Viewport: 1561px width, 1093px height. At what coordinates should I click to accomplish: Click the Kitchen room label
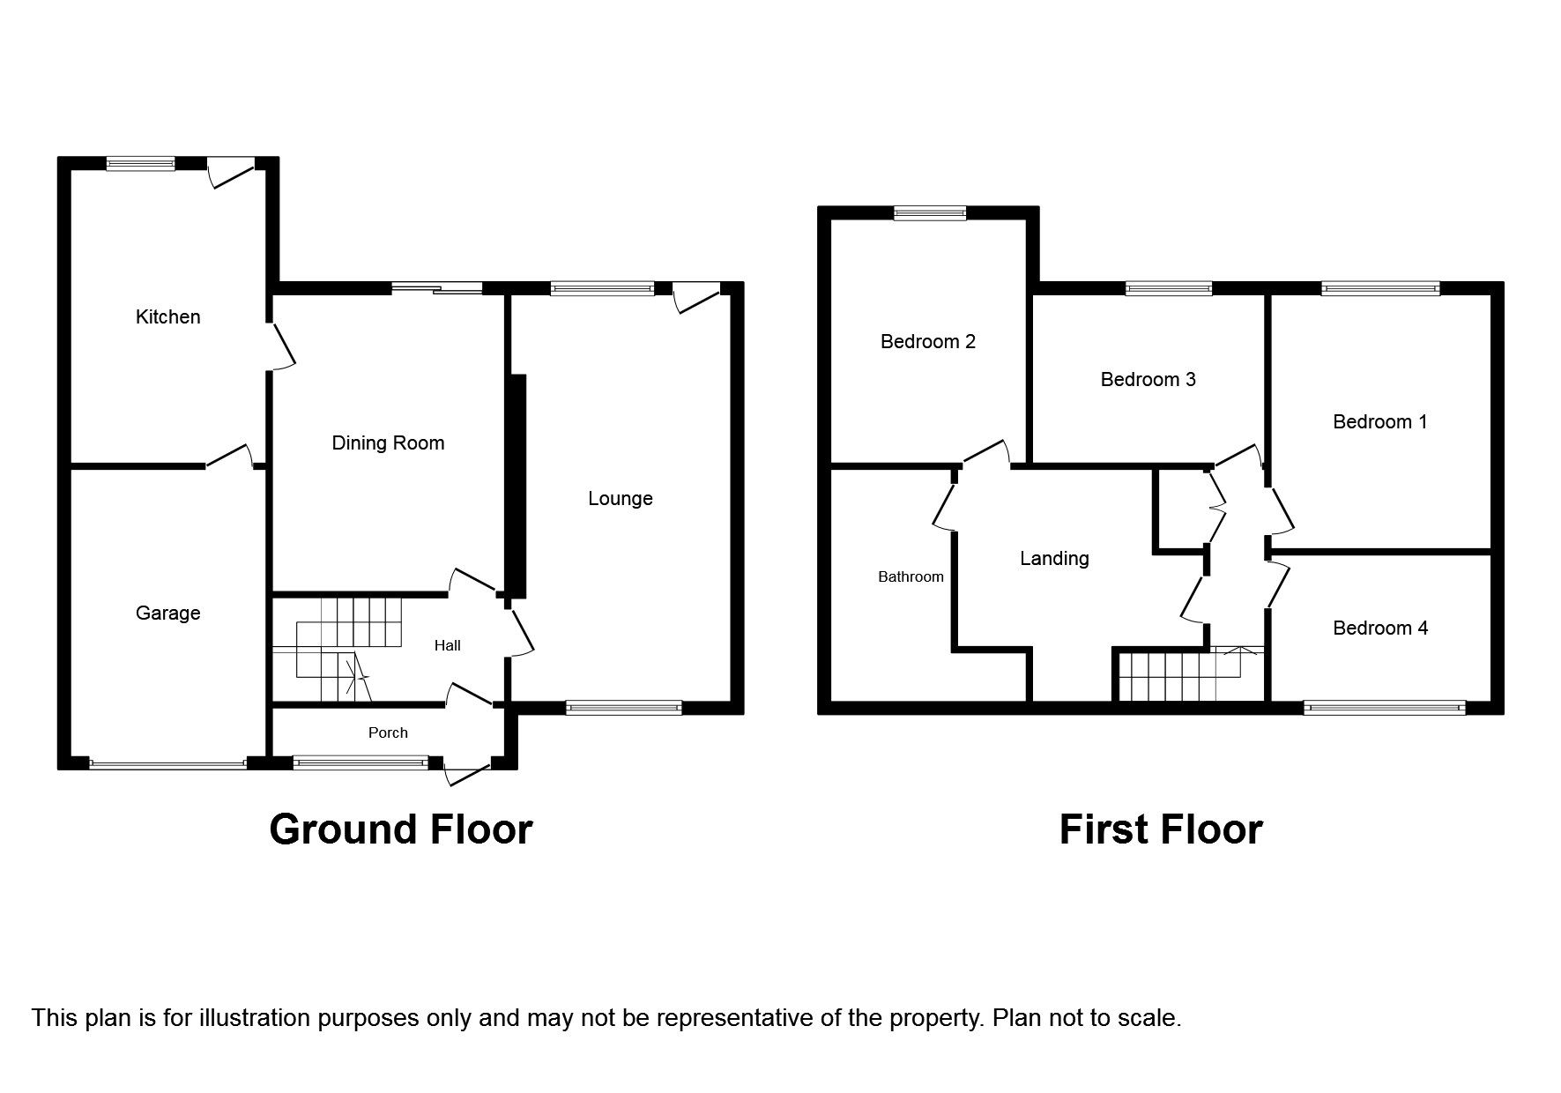(x=167, y=316)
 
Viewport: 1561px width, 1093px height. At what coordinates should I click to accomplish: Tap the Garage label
(x=167, y=613)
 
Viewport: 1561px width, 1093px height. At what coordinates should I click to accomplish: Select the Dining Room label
(x=388, y=442)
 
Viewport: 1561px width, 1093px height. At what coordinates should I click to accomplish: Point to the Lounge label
(x=621, y=498)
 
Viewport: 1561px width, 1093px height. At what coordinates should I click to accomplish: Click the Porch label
(x=388, y=732)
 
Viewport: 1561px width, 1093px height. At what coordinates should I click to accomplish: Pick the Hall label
(x=448, y=645)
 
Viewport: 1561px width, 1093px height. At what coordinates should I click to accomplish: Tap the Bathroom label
(x=911, y=576)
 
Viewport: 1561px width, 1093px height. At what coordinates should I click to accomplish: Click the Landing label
(x=1054, y=558)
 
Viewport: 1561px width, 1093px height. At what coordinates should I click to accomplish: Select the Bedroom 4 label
(x=1380, y=628)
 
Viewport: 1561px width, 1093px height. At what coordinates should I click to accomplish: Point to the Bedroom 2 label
(x=928, y=341)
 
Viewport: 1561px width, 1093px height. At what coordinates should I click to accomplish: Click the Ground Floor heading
(x=401, y=829)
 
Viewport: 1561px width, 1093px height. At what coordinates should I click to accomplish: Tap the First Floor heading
(x=1161, y=829)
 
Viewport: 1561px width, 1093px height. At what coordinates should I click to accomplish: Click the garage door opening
(x=167, y=764)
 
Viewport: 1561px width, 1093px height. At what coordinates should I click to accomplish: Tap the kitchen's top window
(x=141, y=163)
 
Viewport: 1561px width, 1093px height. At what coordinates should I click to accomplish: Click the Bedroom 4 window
(x=1384, y=707)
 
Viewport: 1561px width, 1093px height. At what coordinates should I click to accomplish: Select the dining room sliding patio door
(x=437, y=287)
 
